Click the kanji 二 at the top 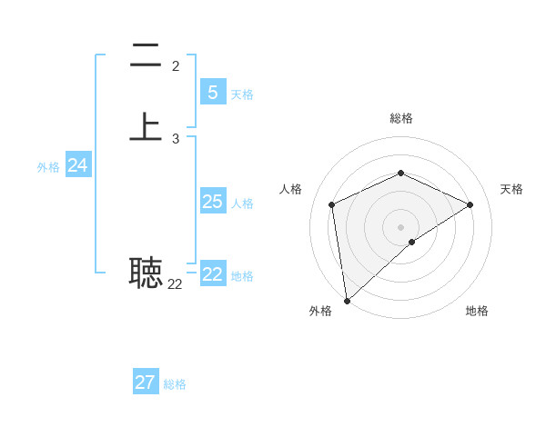click(146, 56)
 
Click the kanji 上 click(146, 126)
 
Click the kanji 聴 click(146, 272)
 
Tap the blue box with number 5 click(213, 92)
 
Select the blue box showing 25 click(213, 201)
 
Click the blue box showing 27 click(146, 382)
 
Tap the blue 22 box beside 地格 click(213, 274)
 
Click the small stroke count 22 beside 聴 click(175, 284)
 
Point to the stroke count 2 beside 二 click(175, 65)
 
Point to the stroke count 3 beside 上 click(175, 139)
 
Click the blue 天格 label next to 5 click(242, 94)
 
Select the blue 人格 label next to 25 click(242, 204)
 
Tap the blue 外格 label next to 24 click(48, 167)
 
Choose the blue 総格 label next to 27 click(175, 384)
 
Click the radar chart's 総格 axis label click(400, 118)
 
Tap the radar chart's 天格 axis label click(511, 189)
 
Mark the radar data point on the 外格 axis click(346, 301)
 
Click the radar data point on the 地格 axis click(412, 242)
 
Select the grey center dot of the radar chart click(400, 225)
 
